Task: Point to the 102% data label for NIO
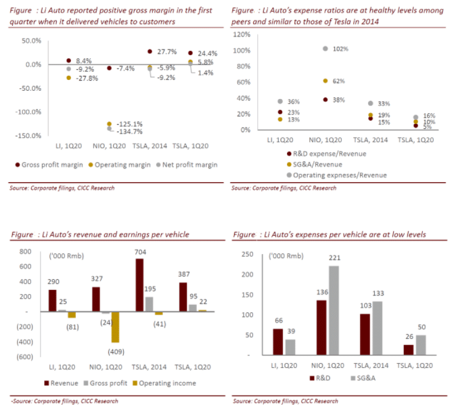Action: tap(340, 49)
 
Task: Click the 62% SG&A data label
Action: tap(340, 81)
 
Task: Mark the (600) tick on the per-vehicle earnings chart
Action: tap(28, 356)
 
